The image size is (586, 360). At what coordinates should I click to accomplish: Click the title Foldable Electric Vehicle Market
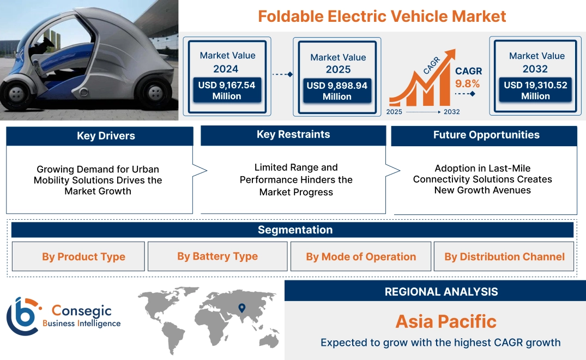point(382,16)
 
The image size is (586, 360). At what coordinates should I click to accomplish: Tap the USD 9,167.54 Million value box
point(226,91)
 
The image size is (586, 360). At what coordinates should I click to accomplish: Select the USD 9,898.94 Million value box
point(337,91)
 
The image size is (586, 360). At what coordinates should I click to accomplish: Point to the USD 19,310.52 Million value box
point(535,91)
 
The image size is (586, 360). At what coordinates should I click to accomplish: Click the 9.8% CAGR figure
point(468,83)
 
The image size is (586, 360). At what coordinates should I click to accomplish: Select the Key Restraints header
point(293,135)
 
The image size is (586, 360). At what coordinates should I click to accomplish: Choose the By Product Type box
point(83,257)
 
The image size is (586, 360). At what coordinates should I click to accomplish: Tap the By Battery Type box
point(218,256)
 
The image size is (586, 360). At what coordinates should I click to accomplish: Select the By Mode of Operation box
point(361,257)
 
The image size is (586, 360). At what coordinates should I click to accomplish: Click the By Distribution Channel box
point(504,257)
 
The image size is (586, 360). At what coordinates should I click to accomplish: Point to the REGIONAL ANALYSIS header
point(441,292)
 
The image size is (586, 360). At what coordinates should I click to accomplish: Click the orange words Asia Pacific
point(446,321)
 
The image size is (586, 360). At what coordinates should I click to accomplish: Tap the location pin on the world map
point(241,309)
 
